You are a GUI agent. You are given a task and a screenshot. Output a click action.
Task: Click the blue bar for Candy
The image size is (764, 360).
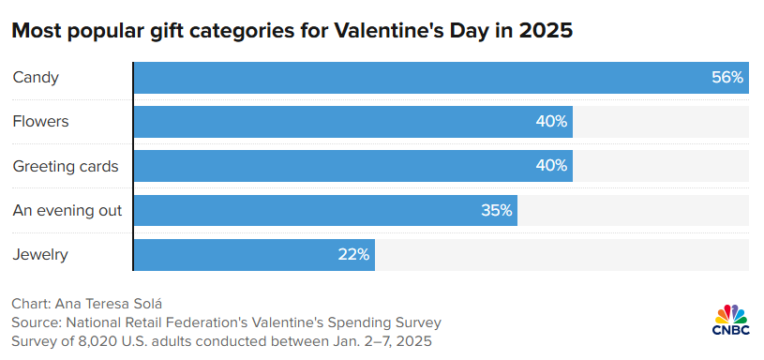pyautogui.click(x=422, y=78)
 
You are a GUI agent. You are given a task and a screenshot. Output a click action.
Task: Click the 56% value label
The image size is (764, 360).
pyautogui.click(x=727, y=78)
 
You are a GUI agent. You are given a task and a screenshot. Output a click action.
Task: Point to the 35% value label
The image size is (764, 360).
pyautogui.click(x=497, y=210)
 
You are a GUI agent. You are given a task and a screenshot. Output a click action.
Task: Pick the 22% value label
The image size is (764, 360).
pyautogui.click(x=354, y=254)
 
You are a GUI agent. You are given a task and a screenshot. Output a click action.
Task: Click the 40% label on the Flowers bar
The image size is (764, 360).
pyautogui.click(x=551, y=122)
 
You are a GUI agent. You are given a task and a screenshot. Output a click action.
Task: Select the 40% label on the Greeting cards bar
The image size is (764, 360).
pyautogui.click(x=551, y=166)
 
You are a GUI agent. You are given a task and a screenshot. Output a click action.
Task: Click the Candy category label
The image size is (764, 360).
pyautogui.click(x=36, y=78)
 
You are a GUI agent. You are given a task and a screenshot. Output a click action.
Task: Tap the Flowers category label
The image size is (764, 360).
pyautogui.click(x=40, y=122)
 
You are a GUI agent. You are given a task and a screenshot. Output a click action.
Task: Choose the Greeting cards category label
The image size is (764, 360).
pyautogui.click(x=66, y=166)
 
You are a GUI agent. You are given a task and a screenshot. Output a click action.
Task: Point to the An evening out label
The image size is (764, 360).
pyautogui.click(x=67, y=210)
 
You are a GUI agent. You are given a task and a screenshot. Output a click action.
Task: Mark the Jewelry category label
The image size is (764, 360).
pyautogui.click(x=40, y=254)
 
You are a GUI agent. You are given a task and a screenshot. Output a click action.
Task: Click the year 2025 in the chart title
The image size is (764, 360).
pyautogui.click(x=543, y=31)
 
